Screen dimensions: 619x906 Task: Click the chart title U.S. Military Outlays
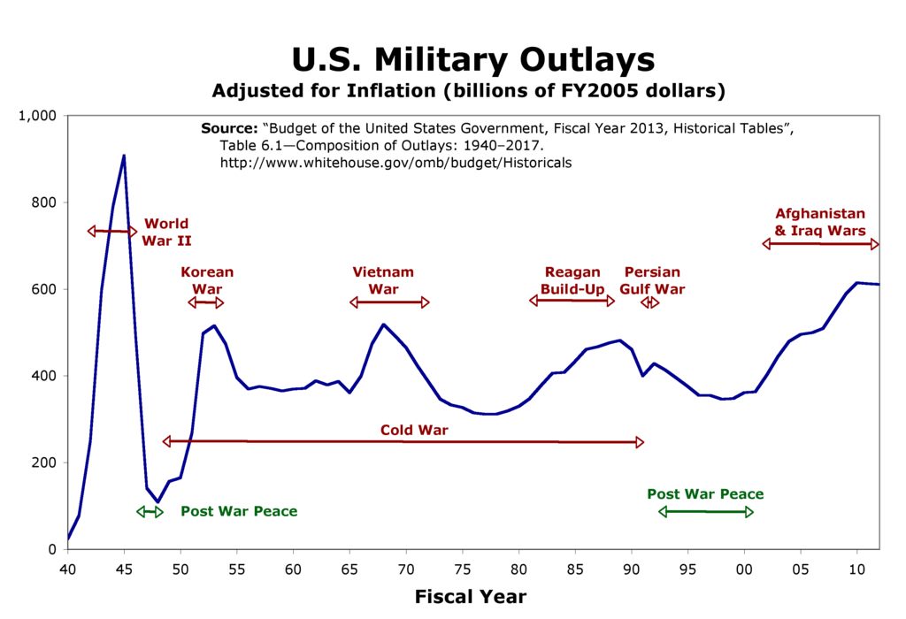473,59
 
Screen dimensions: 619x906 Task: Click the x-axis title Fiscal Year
471,597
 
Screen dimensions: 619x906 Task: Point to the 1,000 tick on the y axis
37,116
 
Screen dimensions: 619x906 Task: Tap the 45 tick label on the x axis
124,567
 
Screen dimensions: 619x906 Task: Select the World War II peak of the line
124,157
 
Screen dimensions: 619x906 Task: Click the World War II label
167,232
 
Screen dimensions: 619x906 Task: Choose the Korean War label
207,280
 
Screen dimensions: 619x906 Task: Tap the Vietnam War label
383,280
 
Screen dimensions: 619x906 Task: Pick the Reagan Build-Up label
572,280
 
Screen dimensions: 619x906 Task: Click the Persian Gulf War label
652,280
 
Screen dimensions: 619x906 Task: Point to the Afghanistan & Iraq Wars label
820,222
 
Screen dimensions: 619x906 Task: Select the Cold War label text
414,431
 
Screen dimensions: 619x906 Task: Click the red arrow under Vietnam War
389,302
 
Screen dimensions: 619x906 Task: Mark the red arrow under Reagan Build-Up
572,301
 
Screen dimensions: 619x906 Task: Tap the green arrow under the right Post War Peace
706,512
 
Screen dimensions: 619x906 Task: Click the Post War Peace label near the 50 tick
239,511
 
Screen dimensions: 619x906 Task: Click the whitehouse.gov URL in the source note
395,163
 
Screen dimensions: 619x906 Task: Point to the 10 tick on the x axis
856,567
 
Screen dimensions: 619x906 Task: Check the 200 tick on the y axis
43,462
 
